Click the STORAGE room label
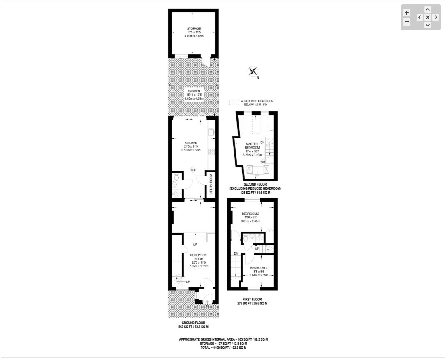(x=194, y=29)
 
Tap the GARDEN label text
(x=194, y=91)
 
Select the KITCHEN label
(x=191, y=143)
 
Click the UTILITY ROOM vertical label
(x=211, y=184)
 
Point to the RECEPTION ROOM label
(x=199, y=257)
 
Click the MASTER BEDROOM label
(x=252, y=146)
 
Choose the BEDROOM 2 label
(x=250, y=214)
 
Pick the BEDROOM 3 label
(x=259, y=268)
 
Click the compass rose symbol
(x=253, y=71)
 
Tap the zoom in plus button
(x=407, y=13)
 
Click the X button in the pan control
(x=428, y=17)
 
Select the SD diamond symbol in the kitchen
(x=193, y=170)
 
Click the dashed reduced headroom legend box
(x=234, y=102)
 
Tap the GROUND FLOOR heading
(x=194, y=323)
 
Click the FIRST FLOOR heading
(x=252, y=299)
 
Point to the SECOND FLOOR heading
(x=255, y=184)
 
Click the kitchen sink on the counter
(x=211, y=132)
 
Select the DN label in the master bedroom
(x=262, y=142)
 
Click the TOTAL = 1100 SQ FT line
(x=223, y=348)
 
